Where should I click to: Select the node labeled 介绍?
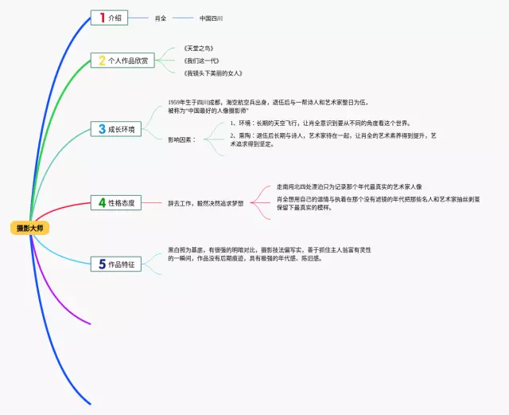point(115,18)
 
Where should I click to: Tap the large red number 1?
point(101,18)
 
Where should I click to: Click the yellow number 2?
point(101,61)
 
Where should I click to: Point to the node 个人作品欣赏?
point(129,61)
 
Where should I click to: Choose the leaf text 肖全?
point(161,18)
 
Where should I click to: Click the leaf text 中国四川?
point(211,18)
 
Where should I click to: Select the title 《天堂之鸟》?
point(198,48)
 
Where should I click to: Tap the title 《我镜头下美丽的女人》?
point(212,73)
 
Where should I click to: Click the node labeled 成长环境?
point(122,129)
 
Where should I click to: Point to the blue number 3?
point(101,129)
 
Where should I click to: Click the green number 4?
point(101,202)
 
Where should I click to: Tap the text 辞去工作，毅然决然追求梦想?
point(206,203)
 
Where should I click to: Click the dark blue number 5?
point(101,264)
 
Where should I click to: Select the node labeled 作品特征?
point(122,264)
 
